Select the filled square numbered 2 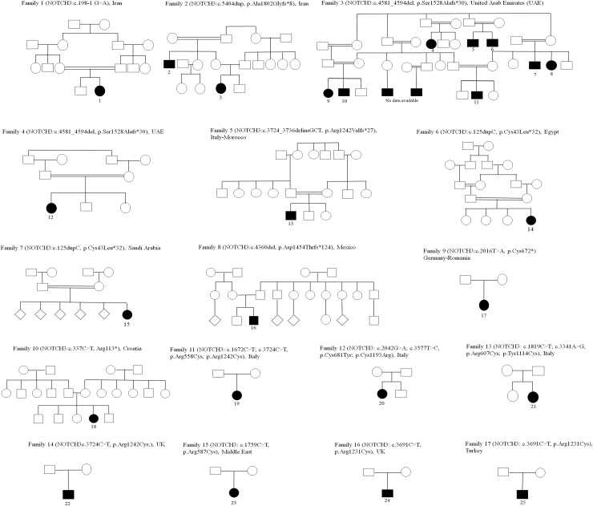(x=169, y=63)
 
